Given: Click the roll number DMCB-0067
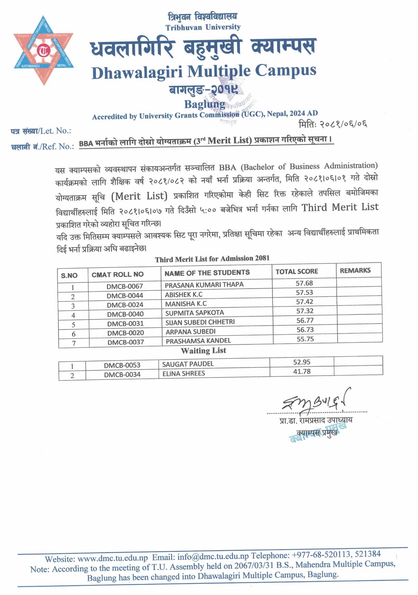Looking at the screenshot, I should click(x=125, y=286).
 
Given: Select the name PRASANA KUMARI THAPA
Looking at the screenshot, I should click(x=204, y=285).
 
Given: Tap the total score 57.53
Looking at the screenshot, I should click(x=304, y=292).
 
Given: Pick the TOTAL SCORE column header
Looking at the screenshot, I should click(x=297, y=272).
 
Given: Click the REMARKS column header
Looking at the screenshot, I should click(x=355, y=270).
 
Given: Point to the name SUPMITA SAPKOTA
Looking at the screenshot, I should click(x=194, y=313).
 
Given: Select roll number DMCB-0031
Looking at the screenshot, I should click(x=125, y=323).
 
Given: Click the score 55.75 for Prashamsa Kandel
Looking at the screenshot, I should click(x=305, y=339).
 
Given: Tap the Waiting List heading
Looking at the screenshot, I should click(x=203, y=350).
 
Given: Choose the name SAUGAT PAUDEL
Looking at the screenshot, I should click(x=188, y=364).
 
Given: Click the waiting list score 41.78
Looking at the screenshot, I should click(x=301, y=372).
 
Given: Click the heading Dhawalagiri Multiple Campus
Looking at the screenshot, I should click(x=204, y=71).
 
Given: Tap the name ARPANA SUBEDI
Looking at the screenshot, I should click(x=190, y=331).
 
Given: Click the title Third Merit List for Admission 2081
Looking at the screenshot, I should click(x=212, y=259).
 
